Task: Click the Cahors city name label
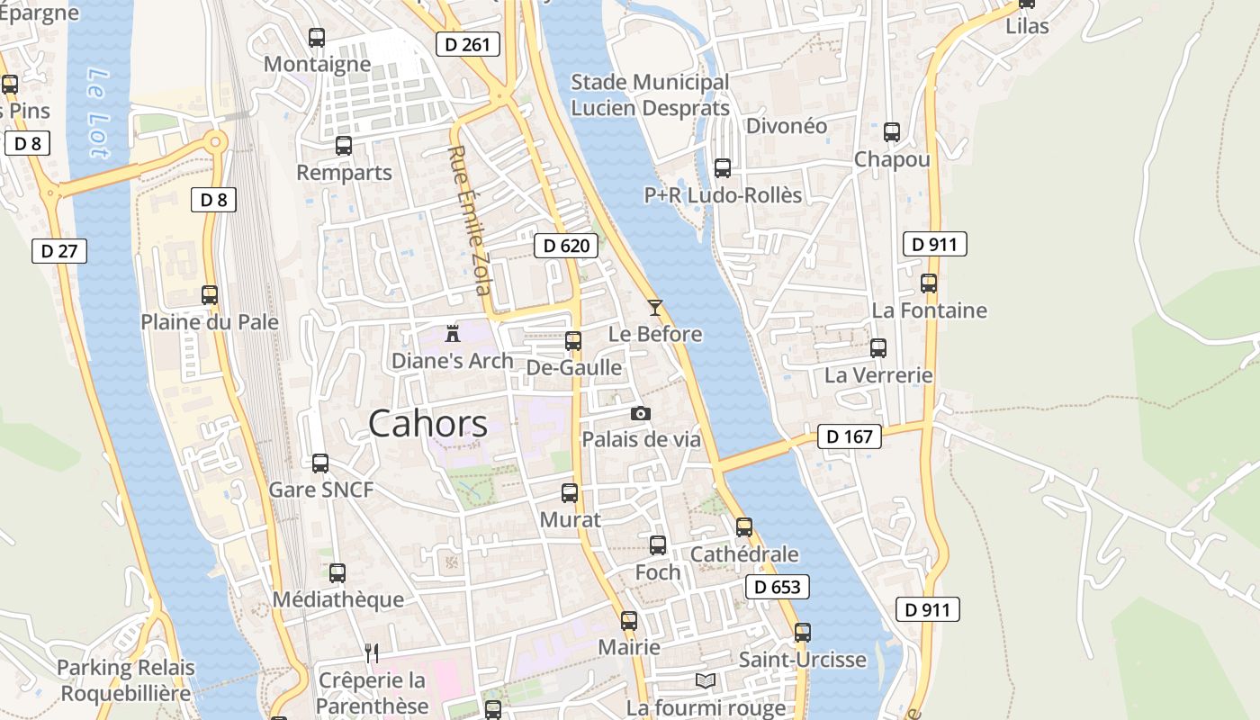[x=427, y=423]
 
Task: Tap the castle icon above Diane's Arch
[x=453, y=333]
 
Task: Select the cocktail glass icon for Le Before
[x=655, y=308]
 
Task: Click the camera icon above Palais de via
[x=641, y=413]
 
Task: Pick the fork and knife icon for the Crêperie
[x=372, y=652]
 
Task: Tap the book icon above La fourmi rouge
[x=706, y=680]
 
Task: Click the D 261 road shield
[x=467, y=43]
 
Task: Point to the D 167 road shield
[x=850, y=436]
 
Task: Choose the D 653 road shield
[x=778, y=588]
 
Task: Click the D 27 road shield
[x=59, y=251]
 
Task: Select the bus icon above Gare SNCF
[x=320, y=463]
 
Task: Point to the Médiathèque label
[x=338, y=599]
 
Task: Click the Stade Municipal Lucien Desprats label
[x=650, y=95]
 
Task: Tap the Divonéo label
[x=787, y=126]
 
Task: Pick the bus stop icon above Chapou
[x=892, y=132]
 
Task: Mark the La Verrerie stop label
[x=878, y=374]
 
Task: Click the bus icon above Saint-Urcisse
[x=803, y=633]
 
